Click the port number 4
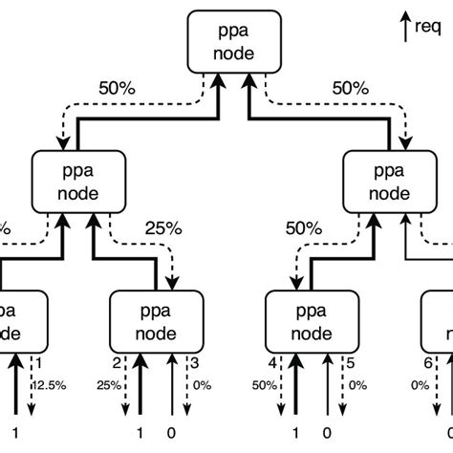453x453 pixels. point(272,363)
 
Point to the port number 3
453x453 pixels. point(195,363)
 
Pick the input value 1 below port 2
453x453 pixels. point(140,432)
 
